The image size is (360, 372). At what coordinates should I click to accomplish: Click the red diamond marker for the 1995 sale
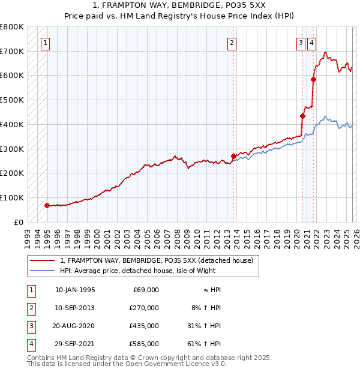coord(47,205)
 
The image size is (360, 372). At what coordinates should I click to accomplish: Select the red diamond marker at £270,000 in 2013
coord(233,156)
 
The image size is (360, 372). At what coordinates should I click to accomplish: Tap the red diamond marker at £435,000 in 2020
coord(302,116)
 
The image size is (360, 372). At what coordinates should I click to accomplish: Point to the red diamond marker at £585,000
coord(313,79)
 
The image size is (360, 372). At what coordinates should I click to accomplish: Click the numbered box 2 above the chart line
coord(232,43)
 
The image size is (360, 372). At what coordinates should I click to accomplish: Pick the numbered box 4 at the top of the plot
coord(312,43)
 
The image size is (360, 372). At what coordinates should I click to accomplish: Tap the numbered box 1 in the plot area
coord(46,43)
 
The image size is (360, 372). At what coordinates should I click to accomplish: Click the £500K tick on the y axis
coord(12,100)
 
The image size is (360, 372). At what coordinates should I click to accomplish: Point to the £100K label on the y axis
coord(12,197)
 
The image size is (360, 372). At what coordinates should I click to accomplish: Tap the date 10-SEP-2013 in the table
coord(75,308)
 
